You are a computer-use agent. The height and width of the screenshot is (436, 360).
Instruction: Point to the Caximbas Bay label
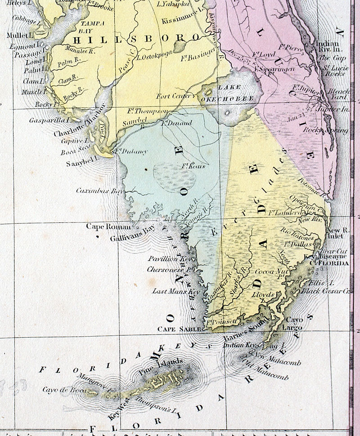pyautogui.click(x=99, y=191)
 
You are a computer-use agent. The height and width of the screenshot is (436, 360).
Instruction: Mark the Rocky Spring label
pyautogui.click(x=333, y=130)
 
